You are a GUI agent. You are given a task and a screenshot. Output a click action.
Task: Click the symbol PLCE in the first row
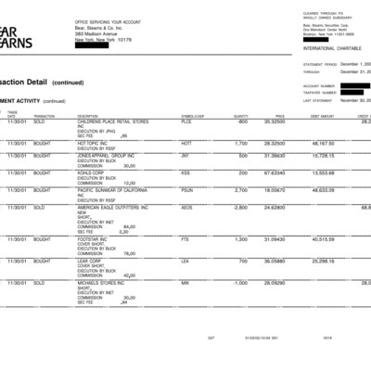[186, 121]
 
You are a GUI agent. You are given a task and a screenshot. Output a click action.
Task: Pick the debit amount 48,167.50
[323, 144]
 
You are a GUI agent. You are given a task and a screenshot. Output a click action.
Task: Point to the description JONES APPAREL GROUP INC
[105, 155]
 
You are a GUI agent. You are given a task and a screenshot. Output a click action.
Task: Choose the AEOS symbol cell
[186, 207]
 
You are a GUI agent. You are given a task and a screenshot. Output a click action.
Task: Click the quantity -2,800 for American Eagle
[237, 207]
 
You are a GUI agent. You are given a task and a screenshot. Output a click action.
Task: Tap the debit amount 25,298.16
[323, 262]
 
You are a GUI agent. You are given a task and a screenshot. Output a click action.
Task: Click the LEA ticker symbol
[185, 262]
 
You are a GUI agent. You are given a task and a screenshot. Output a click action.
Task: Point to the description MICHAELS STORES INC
[103, 282]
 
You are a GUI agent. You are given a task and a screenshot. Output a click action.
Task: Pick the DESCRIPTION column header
[90, 116]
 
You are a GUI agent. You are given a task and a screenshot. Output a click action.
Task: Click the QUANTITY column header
[241, 116]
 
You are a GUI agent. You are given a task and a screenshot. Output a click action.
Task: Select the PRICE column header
[278, 116]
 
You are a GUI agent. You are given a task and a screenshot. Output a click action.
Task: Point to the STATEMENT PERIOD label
[319, 65]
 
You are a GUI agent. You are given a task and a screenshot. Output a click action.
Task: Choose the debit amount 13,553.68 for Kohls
[323, 173]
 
